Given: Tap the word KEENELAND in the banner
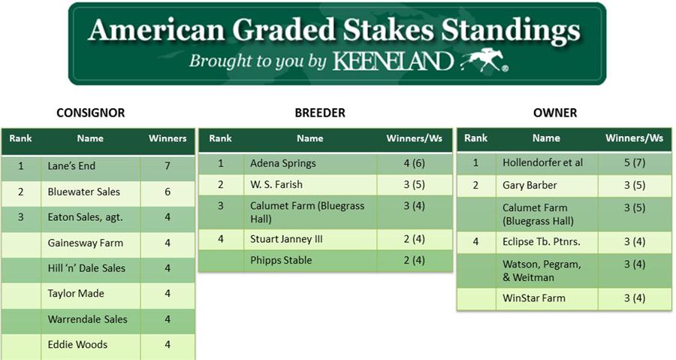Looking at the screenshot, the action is tap(392, 61).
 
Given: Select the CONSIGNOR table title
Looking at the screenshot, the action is tap(91, 113).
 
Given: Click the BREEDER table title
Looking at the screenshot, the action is tap(320, 113).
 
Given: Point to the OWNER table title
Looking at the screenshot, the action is tap(555, 113).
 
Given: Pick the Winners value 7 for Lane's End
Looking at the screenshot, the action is tap(167, 166).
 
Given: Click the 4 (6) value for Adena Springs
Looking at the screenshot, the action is tap(415, 163).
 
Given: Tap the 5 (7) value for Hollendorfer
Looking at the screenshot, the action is tap(635, 163).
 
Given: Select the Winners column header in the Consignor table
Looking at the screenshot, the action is tap(167, 138).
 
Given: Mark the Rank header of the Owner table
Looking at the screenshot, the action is tap(476, 138).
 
